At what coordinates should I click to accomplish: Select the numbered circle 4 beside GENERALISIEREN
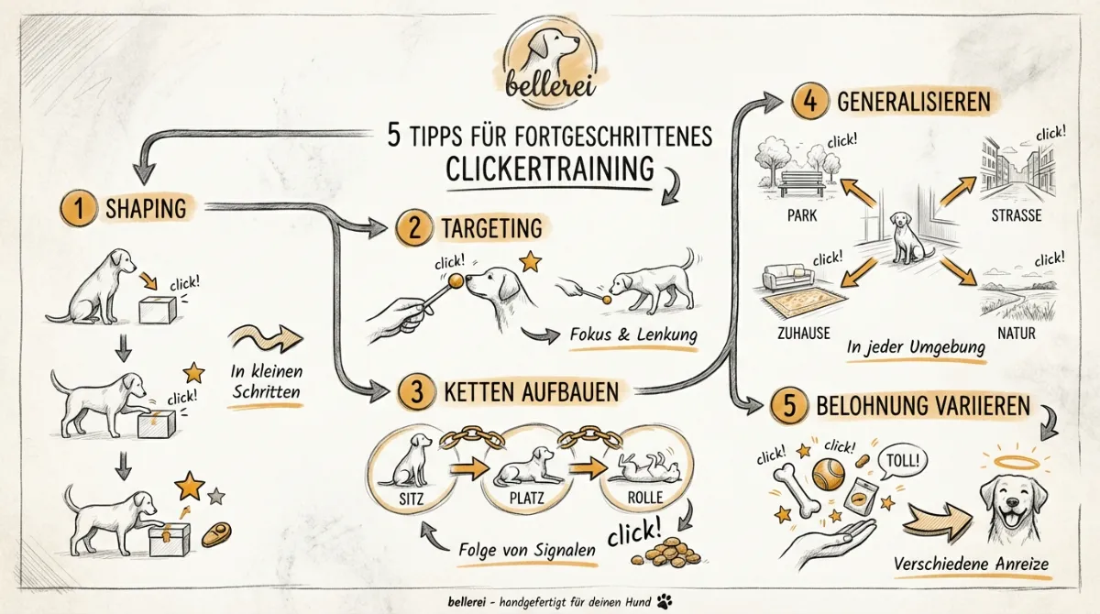coord(810,101)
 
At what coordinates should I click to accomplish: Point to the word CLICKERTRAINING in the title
coord(549,169)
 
